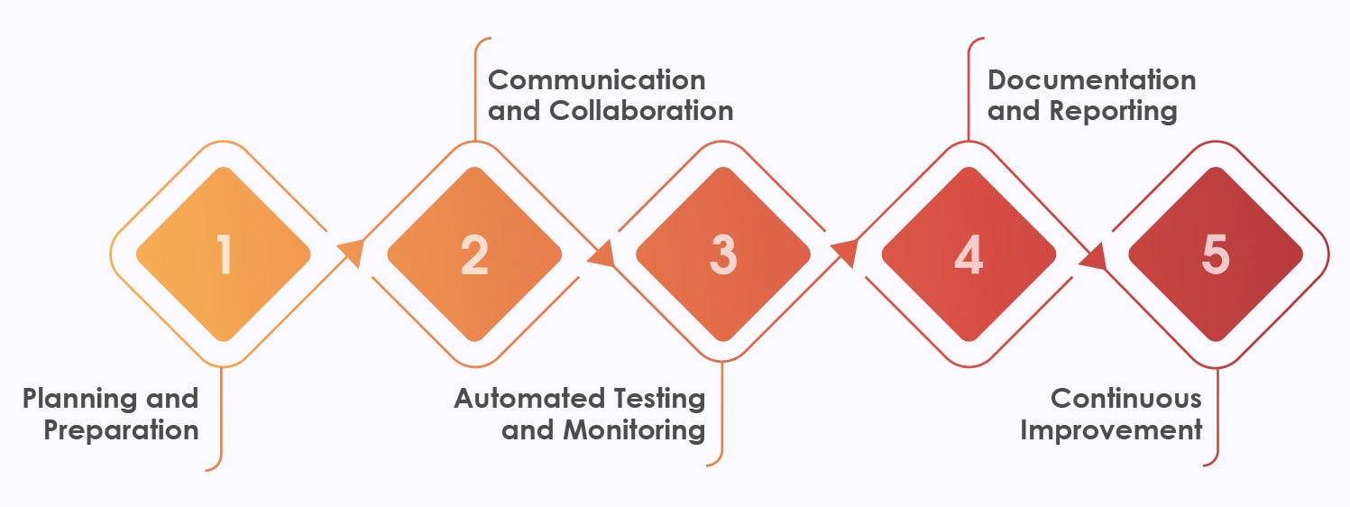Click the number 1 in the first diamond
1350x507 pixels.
tap(224, 254)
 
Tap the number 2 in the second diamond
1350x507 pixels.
tap(473, 254)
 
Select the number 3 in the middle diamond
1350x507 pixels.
tap(722, 254)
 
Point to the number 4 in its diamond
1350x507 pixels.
tap(969, 254)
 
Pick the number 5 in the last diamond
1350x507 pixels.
tap(1216, 254)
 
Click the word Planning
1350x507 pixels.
tap(79, 399)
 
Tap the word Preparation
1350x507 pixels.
tap(121, 429)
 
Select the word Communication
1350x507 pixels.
tap(596, 79)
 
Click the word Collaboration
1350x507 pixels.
tap(641, 110)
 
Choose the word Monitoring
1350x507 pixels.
tap(635, 429)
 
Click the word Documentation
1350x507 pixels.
tap(1091, 79)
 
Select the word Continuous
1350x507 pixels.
tap(1126, 399)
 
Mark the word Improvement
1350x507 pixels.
tap(1111, 429)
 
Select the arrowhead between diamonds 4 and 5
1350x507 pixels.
tap(1093, 257)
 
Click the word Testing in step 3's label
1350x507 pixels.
tap(658, 399)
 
